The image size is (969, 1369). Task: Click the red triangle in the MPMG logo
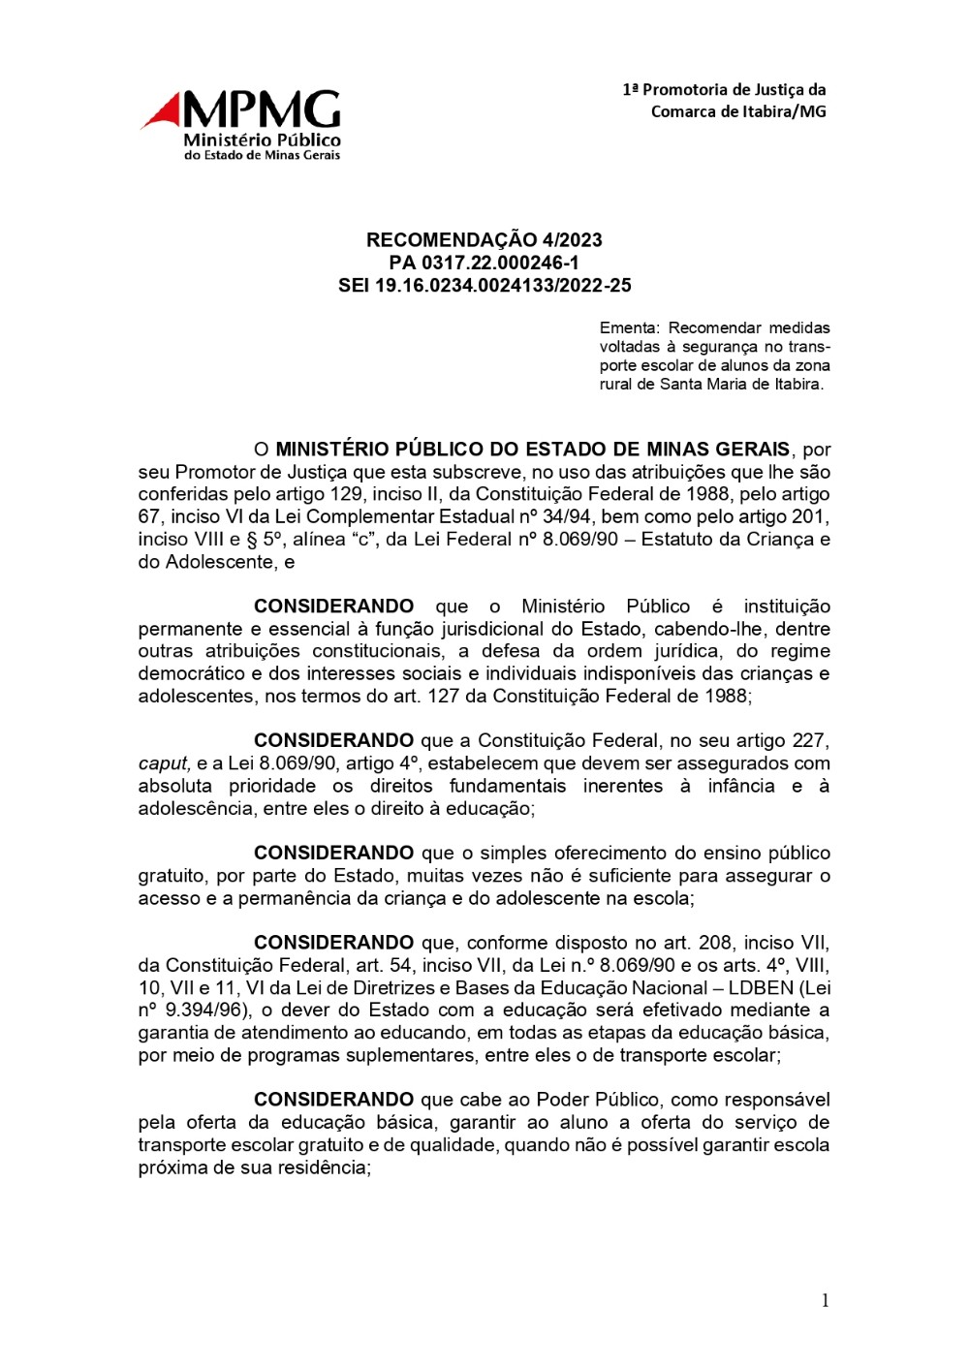[x=164, y=112]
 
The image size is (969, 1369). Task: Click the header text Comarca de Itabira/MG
[x=738, y=111]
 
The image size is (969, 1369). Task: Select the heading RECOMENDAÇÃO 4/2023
[x=484, y=240]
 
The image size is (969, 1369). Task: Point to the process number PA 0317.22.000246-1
[x=484, y=263]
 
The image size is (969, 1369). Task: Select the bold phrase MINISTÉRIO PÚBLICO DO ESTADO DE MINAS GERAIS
[x=533, y=450]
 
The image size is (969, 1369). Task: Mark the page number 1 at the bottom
[x=825, y=1301]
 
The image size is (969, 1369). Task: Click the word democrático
[x=198, y=673]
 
